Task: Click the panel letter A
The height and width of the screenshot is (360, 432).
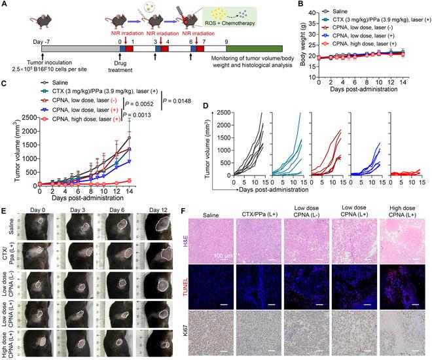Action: [x=5, y=5]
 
